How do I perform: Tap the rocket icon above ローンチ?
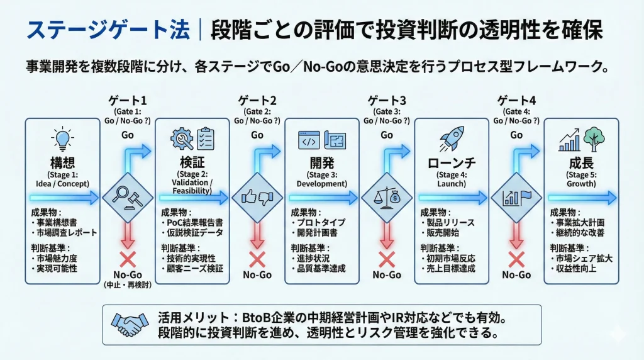(x=450, y=140)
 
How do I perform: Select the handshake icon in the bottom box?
(x=129, y=325)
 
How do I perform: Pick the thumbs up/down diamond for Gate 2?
(x=257, y=198)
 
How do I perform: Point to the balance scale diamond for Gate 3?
(x=386, y=198)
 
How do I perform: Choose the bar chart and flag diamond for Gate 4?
(x=516, y=198)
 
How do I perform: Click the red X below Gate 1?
(x=127, y=259)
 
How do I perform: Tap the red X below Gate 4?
(x=516, y=259)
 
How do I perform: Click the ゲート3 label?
(x=386, y=100)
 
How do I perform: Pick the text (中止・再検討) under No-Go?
(x=127, y=284)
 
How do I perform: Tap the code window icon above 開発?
(x=308, y=140)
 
